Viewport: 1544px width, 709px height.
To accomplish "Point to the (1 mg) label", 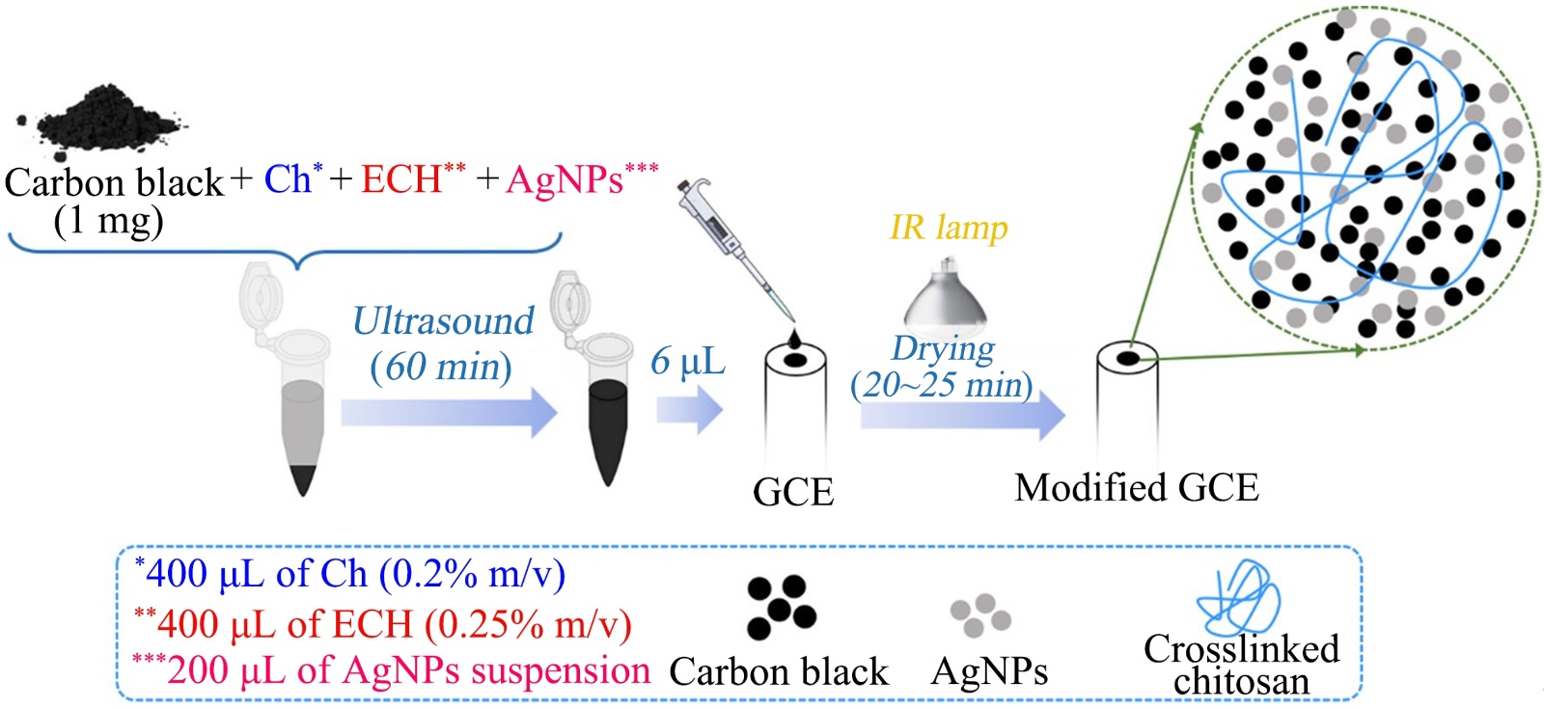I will click(108, 222).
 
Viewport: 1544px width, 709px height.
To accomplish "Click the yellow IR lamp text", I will click(948, 228).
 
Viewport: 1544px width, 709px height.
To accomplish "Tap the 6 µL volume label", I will click(687, 362).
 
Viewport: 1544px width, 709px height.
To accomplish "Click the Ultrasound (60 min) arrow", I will click(449, 412).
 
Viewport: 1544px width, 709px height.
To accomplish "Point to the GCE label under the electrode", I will click(792, 492).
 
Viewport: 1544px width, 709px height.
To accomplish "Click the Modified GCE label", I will click(1136, 488).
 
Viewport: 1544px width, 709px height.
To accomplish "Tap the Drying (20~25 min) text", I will click(942, 368).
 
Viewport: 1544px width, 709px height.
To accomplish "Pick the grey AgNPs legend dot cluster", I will click(980, 614).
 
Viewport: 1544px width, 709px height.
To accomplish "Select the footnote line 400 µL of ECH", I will click(383, 624).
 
